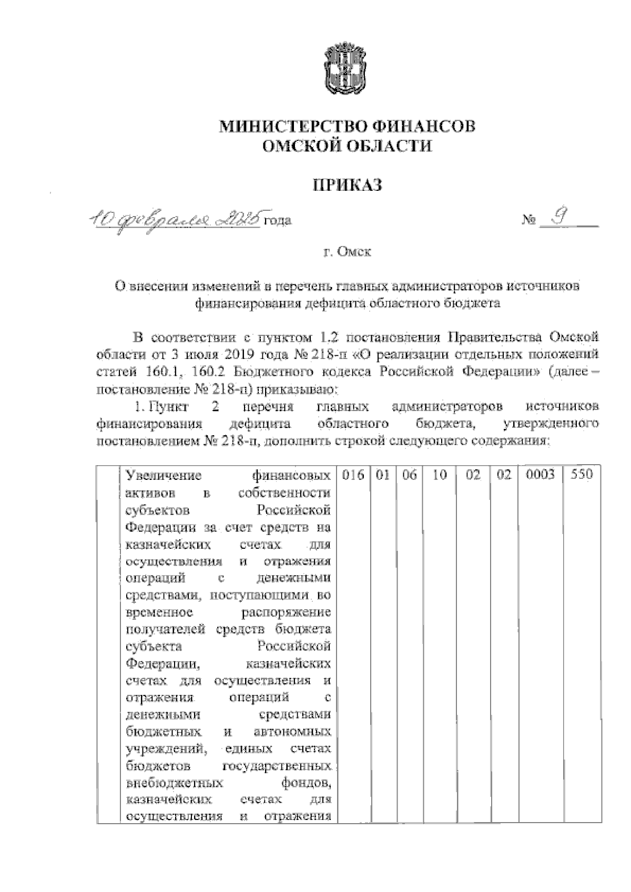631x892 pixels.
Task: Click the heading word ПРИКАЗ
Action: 347,184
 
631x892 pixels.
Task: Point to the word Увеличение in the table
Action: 165,476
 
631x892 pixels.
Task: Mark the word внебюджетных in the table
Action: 176,783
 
